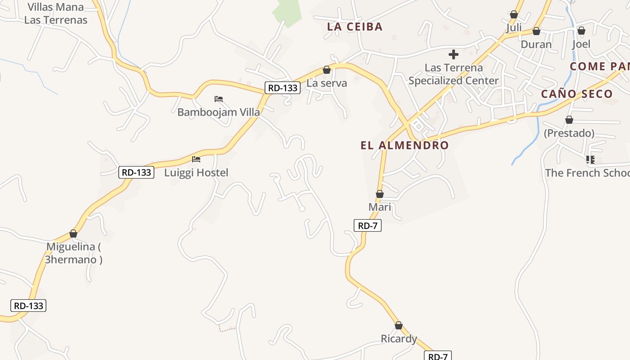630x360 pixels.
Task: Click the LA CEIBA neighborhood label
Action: click(x=355, y=27)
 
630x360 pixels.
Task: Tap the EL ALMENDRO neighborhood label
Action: click(x=405, y=145)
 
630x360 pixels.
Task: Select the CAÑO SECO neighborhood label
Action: click(x=576, y=94)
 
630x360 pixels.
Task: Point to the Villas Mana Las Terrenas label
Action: click(x=56, y=13)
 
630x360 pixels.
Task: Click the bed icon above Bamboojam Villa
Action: click(x=219, y=99)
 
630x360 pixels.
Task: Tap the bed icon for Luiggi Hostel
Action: click(x=196, y=159)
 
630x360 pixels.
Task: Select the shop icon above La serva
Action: click(x=327, y=70)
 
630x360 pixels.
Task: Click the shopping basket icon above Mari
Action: click(x=380, y=194)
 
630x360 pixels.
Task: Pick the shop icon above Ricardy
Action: click(x=398, y=325)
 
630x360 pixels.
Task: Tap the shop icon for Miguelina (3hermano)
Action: click(x=73, y=234)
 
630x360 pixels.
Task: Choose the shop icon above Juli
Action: click(x=514, y=15)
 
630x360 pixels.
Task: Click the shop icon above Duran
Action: click(x=536, y=31)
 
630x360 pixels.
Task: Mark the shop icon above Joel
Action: click(x=581, y=31)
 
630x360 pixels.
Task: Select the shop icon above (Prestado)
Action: click(x=569, y=120)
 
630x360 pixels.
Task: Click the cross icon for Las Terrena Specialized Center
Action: click(x=453, y=55)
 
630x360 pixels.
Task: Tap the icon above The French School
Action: click(x=590, y=159)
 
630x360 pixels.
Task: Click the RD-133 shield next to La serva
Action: click(x=282, y=88)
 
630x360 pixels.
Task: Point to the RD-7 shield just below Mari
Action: click(x=368, y=225)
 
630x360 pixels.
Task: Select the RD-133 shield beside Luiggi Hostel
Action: click(x=136, y=172)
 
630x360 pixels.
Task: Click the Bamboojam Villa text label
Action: click(x=219, y=112)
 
